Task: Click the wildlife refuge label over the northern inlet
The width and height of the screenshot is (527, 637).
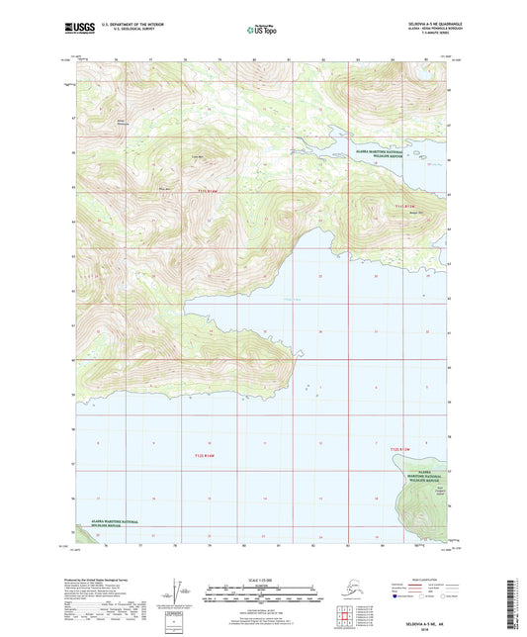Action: [x=376, y=152]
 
